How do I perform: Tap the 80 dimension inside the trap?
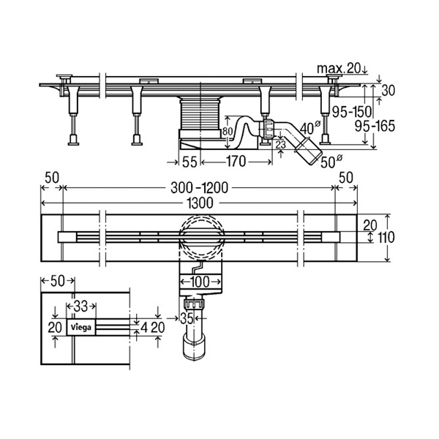click(x=227, y=132)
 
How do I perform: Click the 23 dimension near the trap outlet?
click(x=281, y=146)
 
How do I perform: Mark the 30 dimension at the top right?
click(x=389, y=90)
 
